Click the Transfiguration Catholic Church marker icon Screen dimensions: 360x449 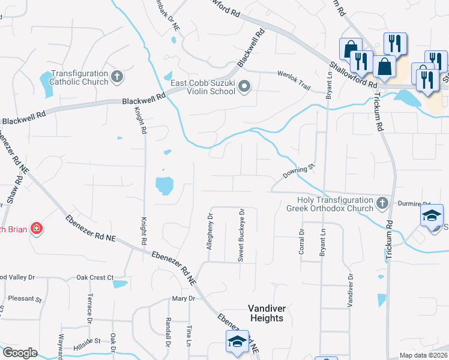point(117,76)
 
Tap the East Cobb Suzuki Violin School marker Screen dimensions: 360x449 point(244,87)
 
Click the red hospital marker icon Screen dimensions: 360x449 point(37,229)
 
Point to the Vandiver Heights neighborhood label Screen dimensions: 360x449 point(266,313)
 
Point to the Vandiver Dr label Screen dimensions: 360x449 point(350,290)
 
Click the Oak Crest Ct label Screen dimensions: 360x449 point(95,277)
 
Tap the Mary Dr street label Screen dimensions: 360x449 point(184,298)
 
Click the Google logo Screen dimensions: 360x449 point(20,353)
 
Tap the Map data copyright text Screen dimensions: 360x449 point(423,355)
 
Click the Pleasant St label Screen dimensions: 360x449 point(22,299)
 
